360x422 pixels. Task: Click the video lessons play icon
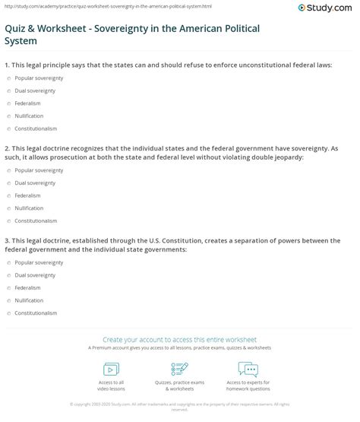pyautogui.click(x=107, y=368)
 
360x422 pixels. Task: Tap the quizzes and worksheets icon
pyautogui.click(x=179, y=368)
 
